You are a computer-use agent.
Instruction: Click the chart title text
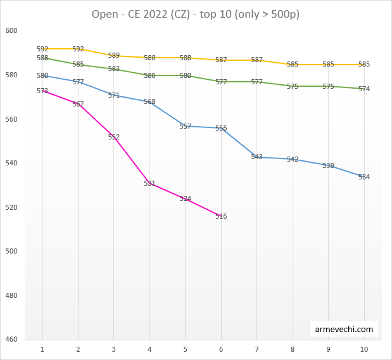point(195,13)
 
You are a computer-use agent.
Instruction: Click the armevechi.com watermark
point(345,330)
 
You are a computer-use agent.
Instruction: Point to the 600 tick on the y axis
point(11,31)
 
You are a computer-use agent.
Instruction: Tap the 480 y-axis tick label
point(11,295)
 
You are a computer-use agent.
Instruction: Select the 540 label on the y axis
point(11,164)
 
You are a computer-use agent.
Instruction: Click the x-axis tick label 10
point(364,349)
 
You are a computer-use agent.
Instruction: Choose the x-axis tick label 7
point(256,349)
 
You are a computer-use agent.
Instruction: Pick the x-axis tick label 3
point(114,349)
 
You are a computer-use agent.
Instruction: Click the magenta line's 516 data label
point(221,216)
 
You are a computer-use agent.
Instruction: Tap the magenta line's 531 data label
point(149,183)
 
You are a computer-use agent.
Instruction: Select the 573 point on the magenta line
point(42,91)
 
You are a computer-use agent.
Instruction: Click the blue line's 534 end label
point(364,177)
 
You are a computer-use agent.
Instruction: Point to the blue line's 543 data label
point(256,157)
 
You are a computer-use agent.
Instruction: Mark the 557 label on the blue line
point(185,126)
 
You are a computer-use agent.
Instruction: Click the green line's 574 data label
point(364,89)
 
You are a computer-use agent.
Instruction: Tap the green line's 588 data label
point(42,58)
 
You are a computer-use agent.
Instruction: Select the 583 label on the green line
point(114,68)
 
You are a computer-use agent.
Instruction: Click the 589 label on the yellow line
point(114,56)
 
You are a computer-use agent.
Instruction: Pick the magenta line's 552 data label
point(114,137)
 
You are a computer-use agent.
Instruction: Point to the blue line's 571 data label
point(114,95)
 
